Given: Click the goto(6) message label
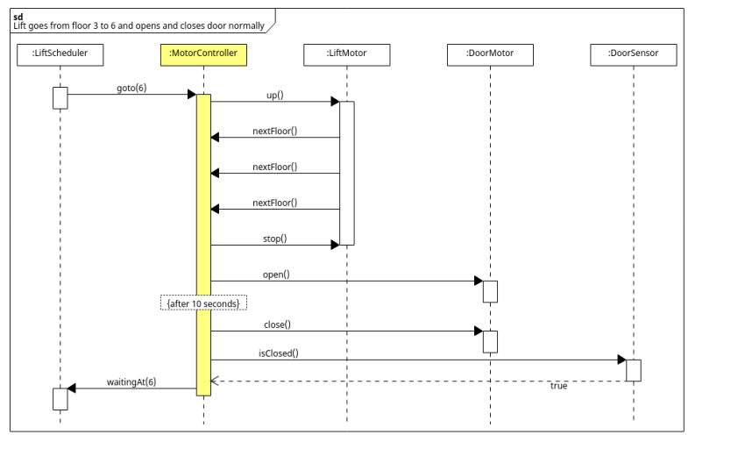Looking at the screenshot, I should (x=131, y=88).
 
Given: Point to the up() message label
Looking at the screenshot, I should (x=274, y=95).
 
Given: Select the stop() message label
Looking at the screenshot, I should (x=274, y=239).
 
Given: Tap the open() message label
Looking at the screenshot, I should (x=276, y=274).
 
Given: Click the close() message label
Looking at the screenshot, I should (x=276, y=324).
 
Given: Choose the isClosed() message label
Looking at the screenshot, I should (x=278, y=353).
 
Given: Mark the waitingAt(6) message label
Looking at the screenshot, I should (x=131, y=381).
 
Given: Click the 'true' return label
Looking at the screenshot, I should (x=558, y=386).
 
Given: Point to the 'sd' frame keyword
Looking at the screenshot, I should (x=18, y=17).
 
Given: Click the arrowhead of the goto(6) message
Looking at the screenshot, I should (x=191, y=95).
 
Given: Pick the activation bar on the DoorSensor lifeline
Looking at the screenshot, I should (x=634, y=370).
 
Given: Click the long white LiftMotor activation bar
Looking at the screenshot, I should (x=346, y=173).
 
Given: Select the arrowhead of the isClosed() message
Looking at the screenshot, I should (x=621, y=360).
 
